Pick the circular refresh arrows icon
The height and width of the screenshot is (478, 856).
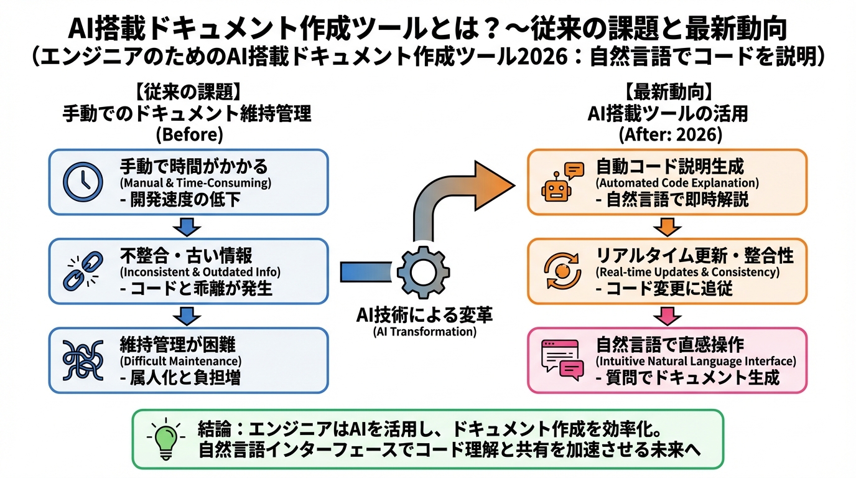tap(558, 271)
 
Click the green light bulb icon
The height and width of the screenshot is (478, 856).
tap(165, 439)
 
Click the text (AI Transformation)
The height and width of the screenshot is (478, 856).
tap(425, 332)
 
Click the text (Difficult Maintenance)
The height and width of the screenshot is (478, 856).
tap(180, 361)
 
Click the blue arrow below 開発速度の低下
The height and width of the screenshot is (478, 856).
tap(188, 226)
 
